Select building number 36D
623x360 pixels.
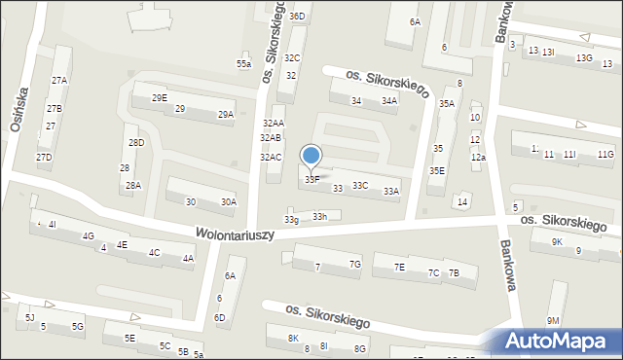(297, 17)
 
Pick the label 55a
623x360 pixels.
(243, 64)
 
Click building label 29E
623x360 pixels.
(160, 98)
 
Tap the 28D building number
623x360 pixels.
(135, 143)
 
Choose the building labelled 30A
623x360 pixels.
(228, 202)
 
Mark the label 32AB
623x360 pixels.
(271, 138)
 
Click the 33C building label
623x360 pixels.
(360, 185)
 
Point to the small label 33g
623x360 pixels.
(291, 220)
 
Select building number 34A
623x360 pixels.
(389, 101)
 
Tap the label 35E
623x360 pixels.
(437, 171)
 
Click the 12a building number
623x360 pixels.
(477, 158)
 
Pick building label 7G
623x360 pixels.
(355, 265)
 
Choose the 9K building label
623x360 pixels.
(557, 241)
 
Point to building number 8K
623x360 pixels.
(294, 338)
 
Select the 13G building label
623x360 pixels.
(583, 58)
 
